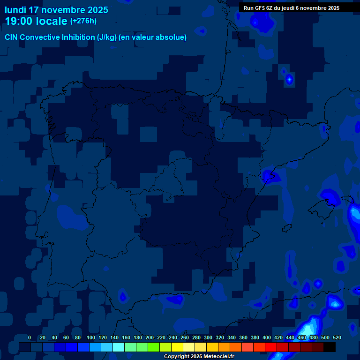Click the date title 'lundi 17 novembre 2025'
point(56,10)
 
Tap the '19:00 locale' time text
point(36,21)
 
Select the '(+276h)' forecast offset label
point(83,21)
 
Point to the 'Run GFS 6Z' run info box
point(292,8)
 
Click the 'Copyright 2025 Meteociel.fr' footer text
point(199,357)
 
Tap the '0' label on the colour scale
point(30,337)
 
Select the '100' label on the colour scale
point(91,337)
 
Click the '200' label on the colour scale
point(150,337)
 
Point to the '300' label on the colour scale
point(208,337)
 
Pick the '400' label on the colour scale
point(267,337)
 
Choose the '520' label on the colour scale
point(337,337)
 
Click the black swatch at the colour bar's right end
point(330,347)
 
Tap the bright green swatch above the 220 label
point(154,347)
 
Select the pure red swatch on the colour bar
point(271,347)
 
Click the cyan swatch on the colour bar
point(119,347)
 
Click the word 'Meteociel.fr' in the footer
point(218,357)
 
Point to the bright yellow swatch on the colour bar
point(177,347)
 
